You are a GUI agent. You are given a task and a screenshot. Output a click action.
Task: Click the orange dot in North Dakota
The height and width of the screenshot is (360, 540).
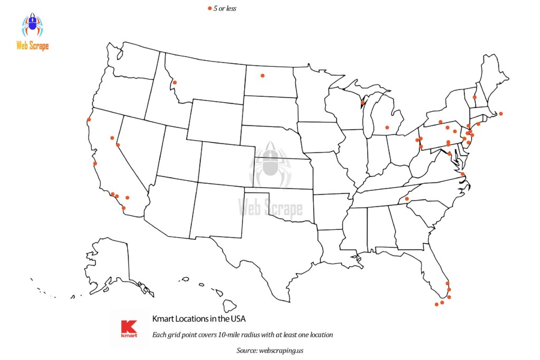tap(262, 75)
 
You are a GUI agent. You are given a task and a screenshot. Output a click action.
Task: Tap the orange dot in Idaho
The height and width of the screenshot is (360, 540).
tap(175, 82)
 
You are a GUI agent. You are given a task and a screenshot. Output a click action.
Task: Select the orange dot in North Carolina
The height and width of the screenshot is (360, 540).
tap(407, 199)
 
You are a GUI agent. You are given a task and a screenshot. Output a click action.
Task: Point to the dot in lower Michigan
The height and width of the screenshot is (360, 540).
tap(387, 128)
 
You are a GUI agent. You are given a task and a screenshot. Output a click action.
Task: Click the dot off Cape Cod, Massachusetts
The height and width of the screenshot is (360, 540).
tap(501, 113)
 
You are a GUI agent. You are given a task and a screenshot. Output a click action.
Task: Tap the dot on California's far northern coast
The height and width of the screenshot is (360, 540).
tap(89, 120)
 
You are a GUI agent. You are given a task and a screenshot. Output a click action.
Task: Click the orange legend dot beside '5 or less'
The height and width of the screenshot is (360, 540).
tap(209, 8)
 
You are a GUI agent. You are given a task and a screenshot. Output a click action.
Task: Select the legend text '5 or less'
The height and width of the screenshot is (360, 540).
tap(225, 8)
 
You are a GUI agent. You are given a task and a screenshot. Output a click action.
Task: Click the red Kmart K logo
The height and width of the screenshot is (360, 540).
tap(129, 328)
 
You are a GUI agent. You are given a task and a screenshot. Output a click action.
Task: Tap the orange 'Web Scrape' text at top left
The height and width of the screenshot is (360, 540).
tap(33, 46)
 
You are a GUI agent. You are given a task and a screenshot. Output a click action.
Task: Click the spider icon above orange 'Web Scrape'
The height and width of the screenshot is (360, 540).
tap(33, 25)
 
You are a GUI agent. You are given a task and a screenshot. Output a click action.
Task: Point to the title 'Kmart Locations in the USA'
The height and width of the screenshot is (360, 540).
tap(199, 319)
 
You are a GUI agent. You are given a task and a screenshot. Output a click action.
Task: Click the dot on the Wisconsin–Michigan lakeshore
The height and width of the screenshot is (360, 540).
tap(362, 102)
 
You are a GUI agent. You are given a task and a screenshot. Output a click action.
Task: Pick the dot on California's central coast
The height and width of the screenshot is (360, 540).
tap(95, 163)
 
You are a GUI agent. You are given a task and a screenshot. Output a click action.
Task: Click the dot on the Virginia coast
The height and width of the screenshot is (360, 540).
tap(462, 174)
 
